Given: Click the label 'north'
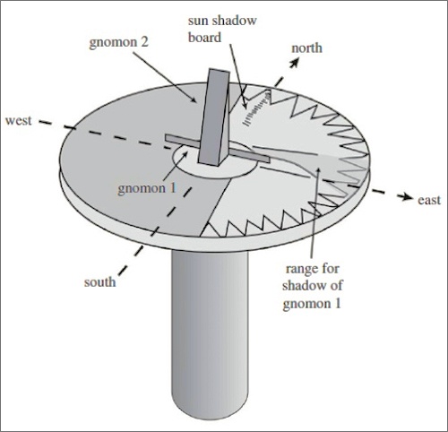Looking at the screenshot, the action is pos(306,48).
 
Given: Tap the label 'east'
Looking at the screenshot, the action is pos(429,200).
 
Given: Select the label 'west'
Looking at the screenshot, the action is pos(19,120).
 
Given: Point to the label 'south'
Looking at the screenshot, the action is pos(99,282).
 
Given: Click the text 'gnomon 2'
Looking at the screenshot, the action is pos(118,42).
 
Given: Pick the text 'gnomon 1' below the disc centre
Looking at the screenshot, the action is pos(147,188).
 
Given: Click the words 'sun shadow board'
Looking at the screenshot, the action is pos(222,29).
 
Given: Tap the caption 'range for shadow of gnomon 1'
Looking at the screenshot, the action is pos(312,286).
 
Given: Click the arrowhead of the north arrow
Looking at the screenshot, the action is pos(295,62).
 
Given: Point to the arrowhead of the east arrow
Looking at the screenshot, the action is pos(405,196).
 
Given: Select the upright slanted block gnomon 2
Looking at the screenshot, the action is pos(214,117).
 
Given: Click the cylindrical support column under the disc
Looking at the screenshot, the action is pos(210,334).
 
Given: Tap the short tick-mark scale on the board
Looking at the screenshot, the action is pos(257,108).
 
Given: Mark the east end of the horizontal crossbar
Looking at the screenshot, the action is pos(269,160).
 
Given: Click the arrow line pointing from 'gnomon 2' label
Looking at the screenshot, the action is pos(164,77).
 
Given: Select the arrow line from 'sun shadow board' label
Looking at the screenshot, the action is pos(238,76).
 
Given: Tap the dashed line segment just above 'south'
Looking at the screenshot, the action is pos(131,260).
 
